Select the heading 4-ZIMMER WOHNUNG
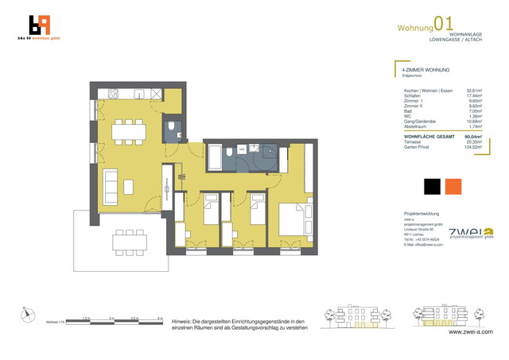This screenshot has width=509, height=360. click(x=425, y=71)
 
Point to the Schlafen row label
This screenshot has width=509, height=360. click(x=411, y=96)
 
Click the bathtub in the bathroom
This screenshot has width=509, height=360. click(x=216, y=155)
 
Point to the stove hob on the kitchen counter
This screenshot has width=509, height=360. click(x=113, y=94)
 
